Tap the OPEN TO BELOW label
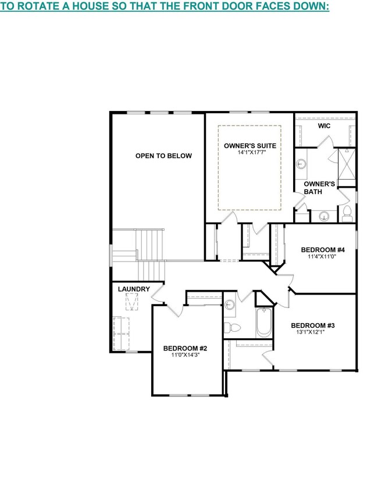click(x=163, y=156)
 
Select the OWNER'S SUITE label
click(x=250, y=145)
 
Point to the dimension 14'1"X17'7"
click(x=250, y=153)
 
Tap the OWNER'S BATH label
click(x=319, y=187)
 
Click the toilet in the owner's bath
click(x=347, y=213)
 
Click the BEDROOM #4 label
click(x=318, y=248)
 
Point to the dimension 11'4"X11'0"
click(x=318, y=255)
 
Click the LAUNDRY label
click(x=134, y=289)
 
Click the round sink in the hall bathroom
click(x=230, y=304)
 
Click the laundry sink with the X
click(x=133, y=302)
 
